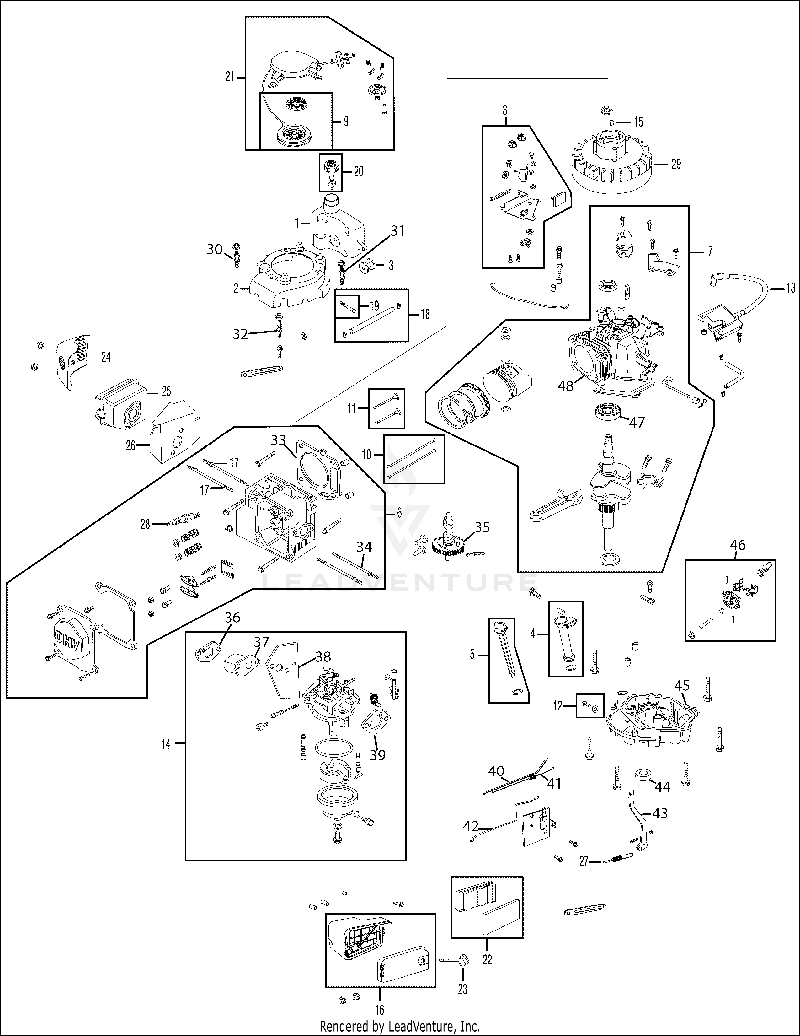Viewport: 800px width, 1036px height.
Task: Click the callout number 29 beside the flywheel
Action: [x=676, y=164]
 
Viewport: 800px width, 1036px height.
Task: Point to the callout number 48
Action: [x=565, y=386]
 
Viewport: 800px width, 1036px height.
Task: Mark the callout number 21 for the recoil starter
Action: [x=230, y=76]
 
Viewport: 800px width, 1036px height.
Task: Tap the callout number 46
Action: [x=738, y=545]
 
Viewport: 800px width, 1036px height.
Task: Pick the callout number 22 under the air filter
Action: [x=487, y=960]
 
